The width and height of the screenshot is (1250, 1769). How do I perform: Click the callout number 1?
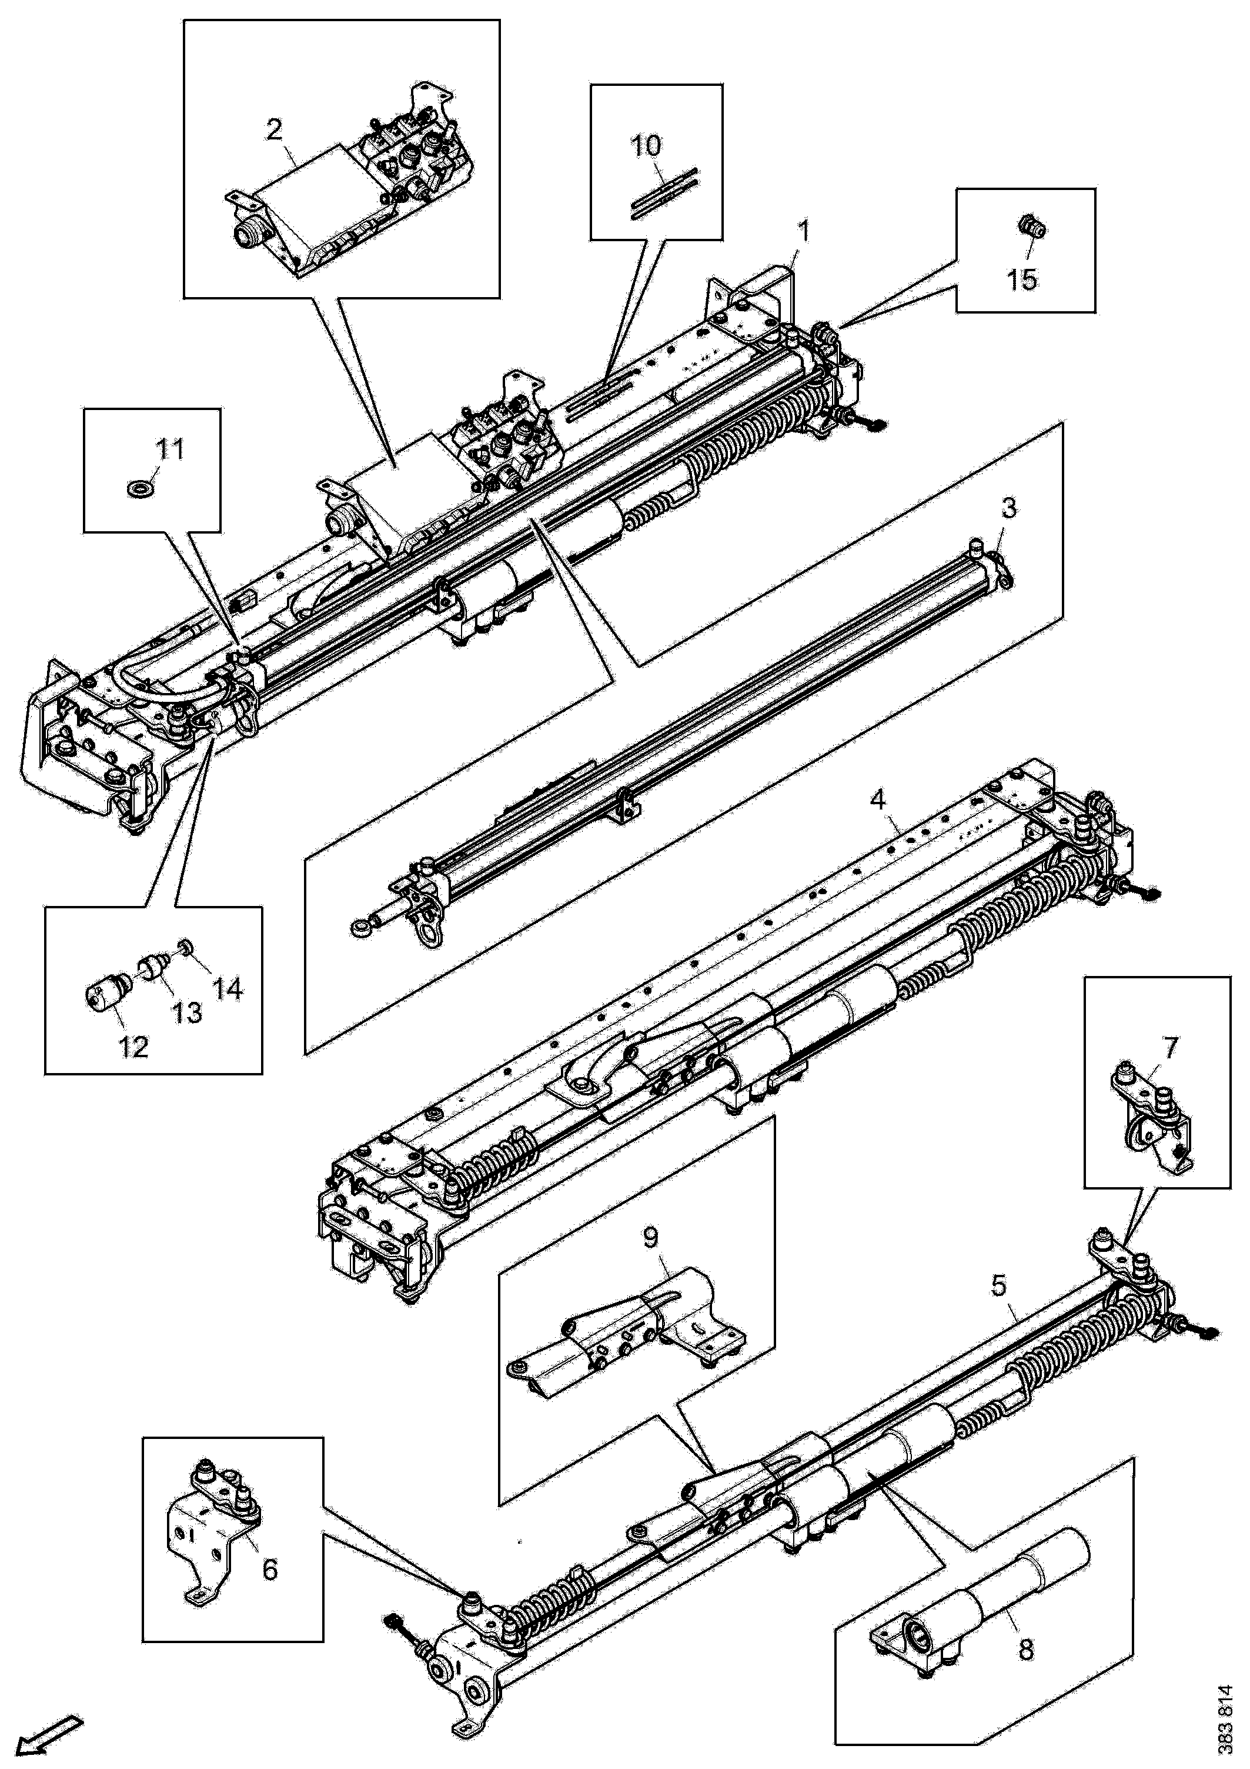click(x=803, y=231)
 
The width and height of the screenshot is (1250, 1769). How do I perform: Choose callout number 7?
click(x=1171, y=1047)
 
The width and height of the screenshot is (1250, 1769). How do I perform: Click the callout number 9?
click(x=651, y=1237)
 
